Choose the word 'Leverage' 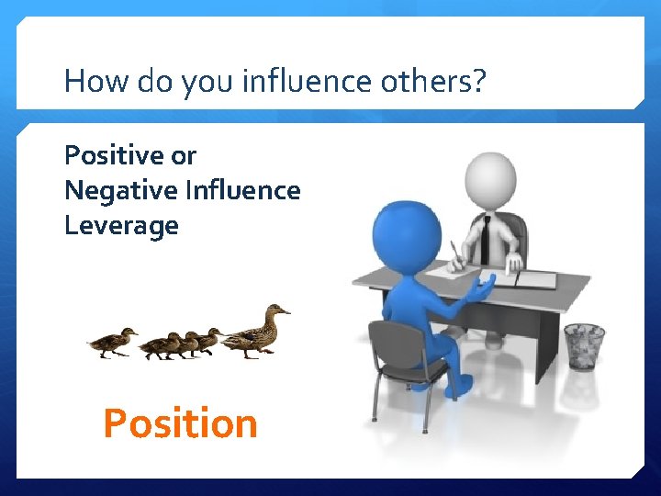tap(121, 225)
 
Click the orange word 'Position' tap(180, 423)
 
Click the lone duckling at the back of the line tap(112, 343)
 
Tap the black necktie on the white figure tap(483, 242)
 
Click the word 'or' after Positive tap(184, 155)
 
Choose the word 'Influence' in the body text tap(242, 190)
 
